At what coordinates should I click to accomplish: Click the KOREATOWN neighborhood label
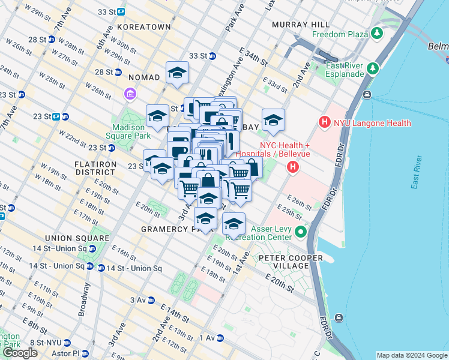coord(144,28)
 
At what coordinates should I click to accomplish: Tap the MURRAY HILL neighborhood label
coord(300,24)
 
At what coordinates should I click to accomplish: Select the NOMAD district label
coord(144,77)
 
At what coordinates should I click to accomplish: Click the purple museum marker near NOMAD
coord(129,94)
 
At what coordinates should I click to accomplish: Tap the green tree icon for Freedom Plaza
coord(377,33)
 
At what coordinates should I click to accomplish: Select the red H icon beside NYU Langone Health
coord(325,123)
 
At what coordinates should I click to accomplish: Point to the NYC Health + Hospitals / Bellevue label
coord(285,149)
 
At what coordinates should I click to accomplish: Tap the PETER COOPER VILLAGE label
coord(291,262)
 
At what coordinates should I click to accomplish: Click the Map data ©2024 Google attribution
coord(411,355)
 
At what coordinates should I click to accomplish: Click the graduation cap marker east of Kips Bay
coord(273,121)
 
